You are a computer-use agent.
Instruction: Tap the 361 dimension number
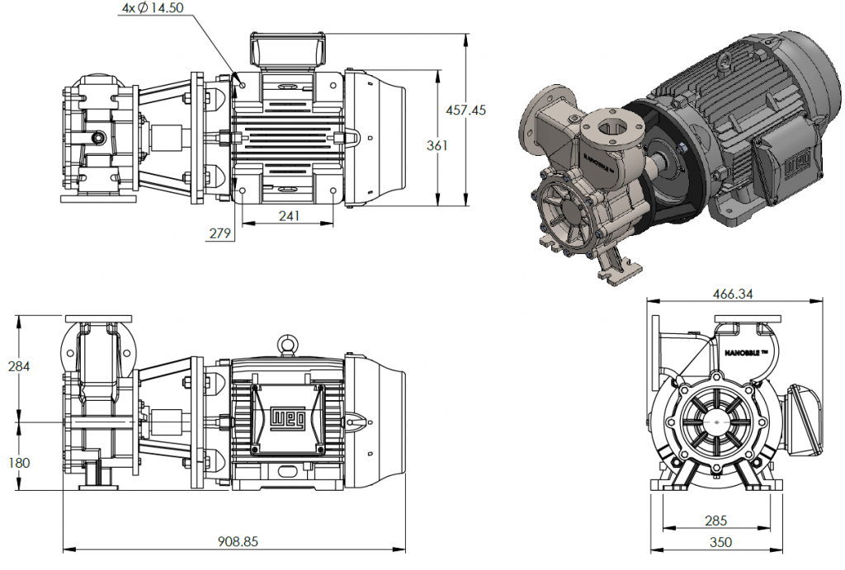click(437, 145)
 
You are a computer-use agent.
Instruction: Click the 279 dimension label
click(219, 234)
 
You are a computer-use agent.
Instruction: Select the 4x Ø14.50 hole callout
click(153, 7)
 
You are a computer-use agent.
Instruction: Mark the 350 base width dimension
click(717, 542)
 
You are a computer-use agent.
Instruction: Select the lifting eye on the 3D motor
click(724, 61)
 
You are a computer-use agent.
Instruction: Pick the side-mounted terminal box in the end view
click(805, 419)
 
